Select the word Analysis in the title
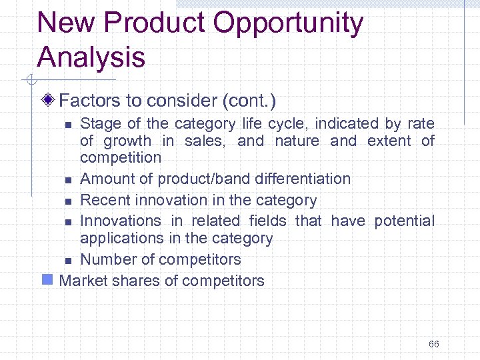click(91, 57)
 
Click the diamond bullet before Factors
click(47, 101)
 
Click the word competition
click(121, 158)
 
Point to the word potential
click(404, 221)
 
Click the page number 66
click(434, 344)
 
